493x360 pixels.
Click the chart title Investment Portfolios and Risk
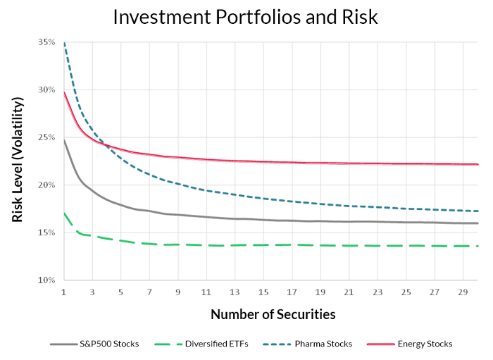coord(246,17)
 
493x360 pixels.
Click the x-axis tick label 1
coord(64,292)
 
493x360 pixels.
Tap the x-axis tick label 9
coord(178,292)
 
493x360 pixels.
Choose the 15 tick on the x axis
coord(263,292)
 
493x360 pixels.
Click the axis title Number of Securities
coord(273,314)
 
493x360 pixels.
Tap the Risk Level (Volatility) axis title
coord(18,161)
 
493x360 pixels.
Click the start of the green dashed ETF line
coord(64,213)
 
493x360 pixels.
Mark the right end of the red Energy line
coord(478,164)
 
